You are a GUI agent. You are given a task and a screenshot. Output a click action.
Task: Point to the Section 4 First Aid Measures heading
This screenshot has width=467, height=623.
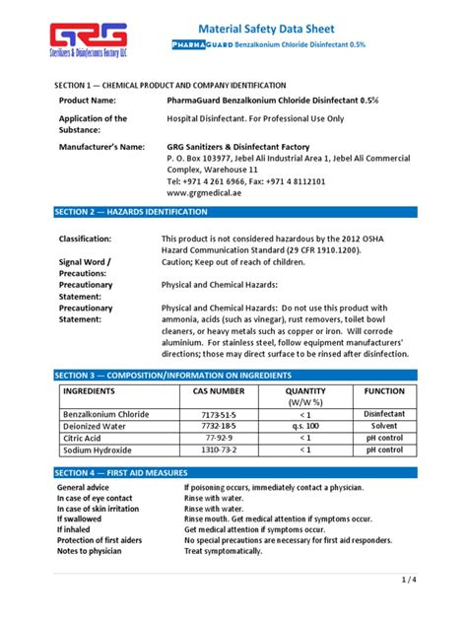(127, 473)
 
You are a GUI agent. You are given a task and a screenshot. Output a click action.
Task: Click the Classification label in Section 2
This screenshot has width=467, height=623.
(91, 240)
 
